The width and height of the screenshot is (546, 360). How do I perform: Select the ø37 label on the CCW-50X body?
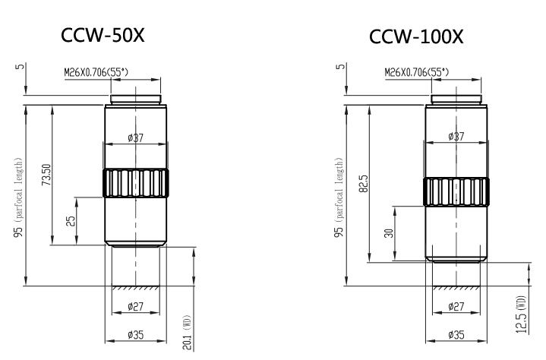tap(136, 138)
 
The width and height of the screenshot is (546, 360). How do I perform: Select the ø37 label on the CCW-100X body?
tap(456, 136)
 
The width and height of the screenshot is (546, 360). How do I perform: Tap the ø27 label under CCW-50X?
tap(136, 307)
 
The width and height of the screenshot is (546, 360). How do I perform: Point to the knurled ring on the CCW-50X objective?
tap(136, 182)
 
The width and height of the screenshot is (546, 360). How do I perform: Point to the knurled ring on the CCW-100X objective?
tap(456, 191)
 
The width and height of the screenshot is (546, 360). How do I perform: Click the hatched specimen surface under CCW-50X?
tap(136, 289)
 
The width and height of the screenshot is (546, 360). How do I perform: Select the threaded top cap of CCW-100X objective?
tap(456, 99)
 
